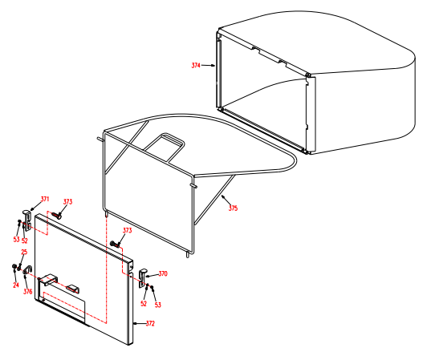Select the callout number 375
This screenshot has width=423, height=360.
pos(234,208)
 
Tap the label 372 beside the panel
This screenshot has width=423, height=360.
pos(150,324)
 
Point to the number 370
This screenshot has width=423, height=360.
pos(163,273)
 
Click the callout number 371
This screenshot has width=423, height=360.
pos(45,198)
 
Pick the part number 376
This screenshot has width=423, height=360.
pos(28,292)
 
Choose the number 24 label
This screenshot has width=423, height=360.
pos(15,285)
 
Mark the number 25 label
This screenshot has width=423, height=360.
pos(24,253)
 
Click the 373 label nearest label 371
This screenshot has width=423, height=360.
pos(68,201)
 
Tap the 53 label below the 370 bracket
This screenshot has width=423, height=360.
pos(157,305)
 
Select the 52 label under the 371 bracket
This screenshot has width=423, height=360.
pos(25,240)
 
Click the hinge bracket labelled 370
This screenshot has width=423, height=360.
pos(145,277)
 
